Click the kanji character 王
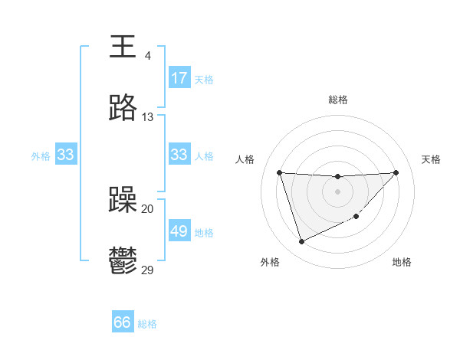point(123,47)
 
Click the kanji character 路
point(123,109)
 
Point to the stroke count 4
point(147,56)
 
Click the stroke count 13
point(147,117)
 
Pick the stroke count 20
point(147,208)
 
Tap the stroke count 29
point(147,270)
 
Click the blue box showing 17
point(179,78)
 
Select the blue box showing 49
point(179,231)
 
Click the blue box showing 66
point(123,322)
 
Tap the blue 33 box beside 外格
point(66,155)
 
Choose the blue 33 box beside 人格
point(179,155)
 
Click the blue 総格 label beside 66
point(147,324)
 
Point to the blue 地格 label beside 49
point(204,232)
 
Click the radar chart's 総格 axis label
point(338,100)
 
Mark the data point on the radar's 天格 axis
point(396,172)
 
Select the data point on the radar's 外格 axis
point(301,242)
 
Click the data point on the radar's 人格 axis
point(279,172)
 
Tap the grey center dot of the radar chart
point(337,191)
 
